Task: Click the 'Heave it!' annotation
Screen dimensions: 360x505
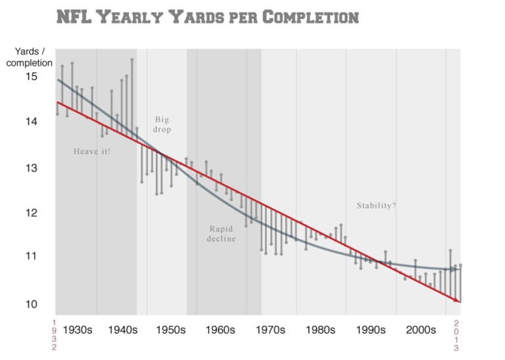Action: pyautogui.click(x=92, y=151)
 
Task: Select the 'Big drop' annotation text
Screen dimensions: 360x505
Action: pyautogui.click(x=162, y=125)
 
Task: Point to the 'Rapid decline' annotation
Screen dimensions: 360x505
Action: pyautogui.click(x=222, y=234)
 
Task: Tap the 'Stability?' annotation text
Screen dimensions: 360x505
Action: pyautogui.click(x=376, y=205)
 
